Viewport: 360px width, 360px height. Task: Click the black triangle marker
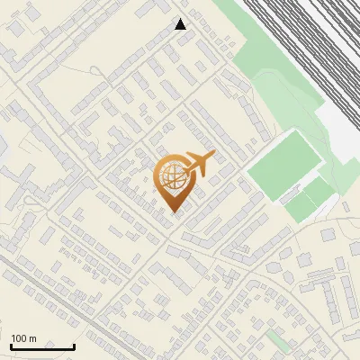[x=181, y=24]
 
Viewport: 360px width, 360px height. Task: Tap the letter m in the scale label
[x=34, y=338]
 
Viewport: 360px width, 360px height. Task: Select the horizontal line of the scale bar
[x=42, y=347]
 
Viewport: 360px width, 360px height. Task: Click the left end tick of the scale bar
[x=11, y=346]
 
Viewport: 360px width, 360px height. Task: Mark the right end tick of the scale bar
[x=74, y=346]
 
